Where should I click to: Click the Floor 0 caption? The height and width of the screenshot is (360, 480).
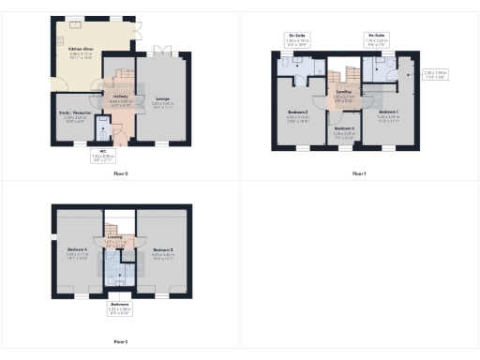[x=120, y=174]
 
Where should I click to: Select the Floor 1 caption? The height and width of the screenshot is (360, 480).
[x=359, y=174]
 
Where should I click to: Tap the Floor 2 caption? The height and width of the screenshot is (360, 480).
[x=120, y=342]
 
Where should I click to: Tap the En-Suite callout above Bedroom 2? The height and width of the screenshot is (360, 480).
[x=297, y=39]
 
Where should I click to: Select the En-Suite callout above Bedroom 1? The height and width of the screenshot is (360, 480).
[x=377, y=39]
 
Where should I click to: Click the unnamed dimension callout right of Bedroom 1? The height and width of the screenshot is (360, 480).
[x=435, y=74]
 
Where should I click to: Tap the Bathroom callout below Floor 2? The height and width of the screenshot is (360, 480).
[x=120, y=307]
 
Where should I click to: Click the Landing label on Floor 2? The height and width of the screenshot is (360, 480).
[x=114, y=240]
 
